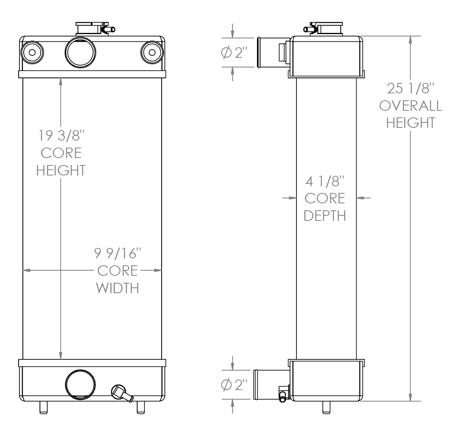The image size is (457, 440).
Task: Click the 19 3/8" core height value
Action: pos(61,136)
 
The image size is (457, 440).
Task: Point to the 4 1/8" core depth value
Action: pos(324,181)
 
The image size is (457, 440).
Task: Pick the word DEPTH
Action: pos(324,215)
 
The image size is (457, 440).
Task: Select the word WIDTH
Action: pos(117,288)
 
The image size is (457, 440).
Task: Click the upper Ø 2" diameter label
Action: pos(234,53)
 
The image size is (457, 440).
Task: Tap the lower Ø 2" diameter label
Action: pos(234,385)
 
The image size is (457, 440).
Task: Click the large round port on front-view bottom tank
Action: pos(80,384)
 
